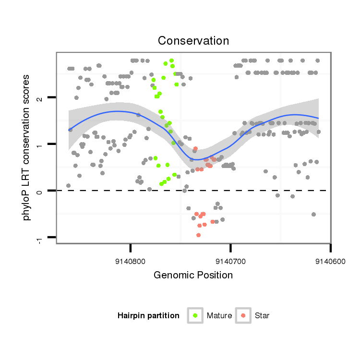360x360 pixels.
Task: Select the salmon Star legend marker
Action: tap(243, 315)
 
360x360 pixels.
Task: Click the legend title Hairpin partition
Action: tap(148, 316)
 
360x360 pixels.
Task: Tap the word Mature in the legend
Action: tap(219, 316)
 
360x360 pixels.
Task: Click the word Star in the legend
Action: tap(262, 316)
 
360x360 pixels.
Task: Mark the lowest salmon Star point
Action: tap(198, 235)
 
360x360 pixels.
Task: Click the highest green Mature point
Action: tap(171, 61)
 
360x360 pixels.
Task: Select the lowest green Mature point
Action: tap(161, 183)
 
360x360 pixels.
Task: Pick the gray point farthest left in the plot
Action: tap(68, 185)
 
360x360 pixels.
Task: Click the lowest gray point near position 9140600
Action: tap(313, 214)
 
